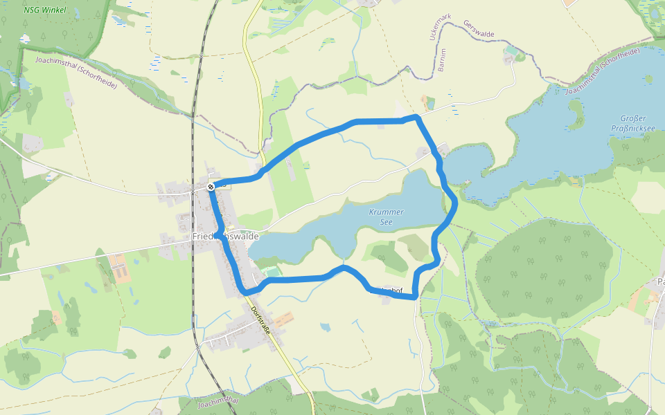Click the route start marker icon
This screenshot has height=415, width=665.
tap(211, 186)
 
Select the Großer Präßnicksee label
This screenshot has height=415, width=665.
tap(628, 123)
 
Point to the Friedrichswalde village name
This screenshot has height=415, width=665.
tap(226, 237)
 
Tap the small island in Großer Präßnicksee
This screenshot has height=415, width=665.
tap(575, 108)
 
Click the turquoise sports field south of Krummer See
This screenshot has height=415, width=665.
tap(273, 273)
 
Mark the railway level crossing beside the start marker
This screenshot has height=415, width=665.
tap(193, 190)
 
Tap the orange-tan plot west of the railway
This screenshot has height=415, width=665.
tap(119, 268)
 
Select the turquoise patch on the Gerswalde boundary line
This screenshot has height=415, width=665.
tap(511, 50)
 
